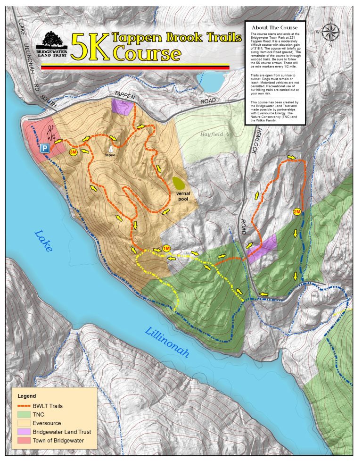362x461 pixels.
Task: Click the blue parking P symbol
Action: [45, 148]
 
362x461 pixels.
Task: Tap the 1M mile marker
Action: [166, 249]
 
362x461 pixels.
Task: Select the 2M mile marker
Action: [296, 211]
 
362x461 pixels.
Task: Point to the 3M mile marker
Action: [73, 152]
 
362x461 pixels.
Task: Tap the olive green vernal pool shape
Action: [179, 182]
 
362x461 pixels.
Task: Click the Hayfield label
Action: [211, 134]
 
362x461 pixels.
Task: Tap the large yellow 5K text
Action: [90, 46]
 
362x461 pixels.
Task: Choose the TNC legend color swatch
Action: [24, 414]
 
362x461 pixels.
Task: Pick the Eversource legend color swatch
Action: [24, 423]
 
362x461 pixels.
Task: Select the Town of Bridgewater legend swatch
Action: [24, 441]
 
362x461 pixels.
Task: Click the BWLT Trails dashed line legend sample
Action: [24, 405]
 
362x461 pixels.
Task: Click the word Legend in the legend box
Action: [27, 395]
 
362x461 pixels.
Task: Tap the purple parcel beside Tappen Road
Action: [121, 107]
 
